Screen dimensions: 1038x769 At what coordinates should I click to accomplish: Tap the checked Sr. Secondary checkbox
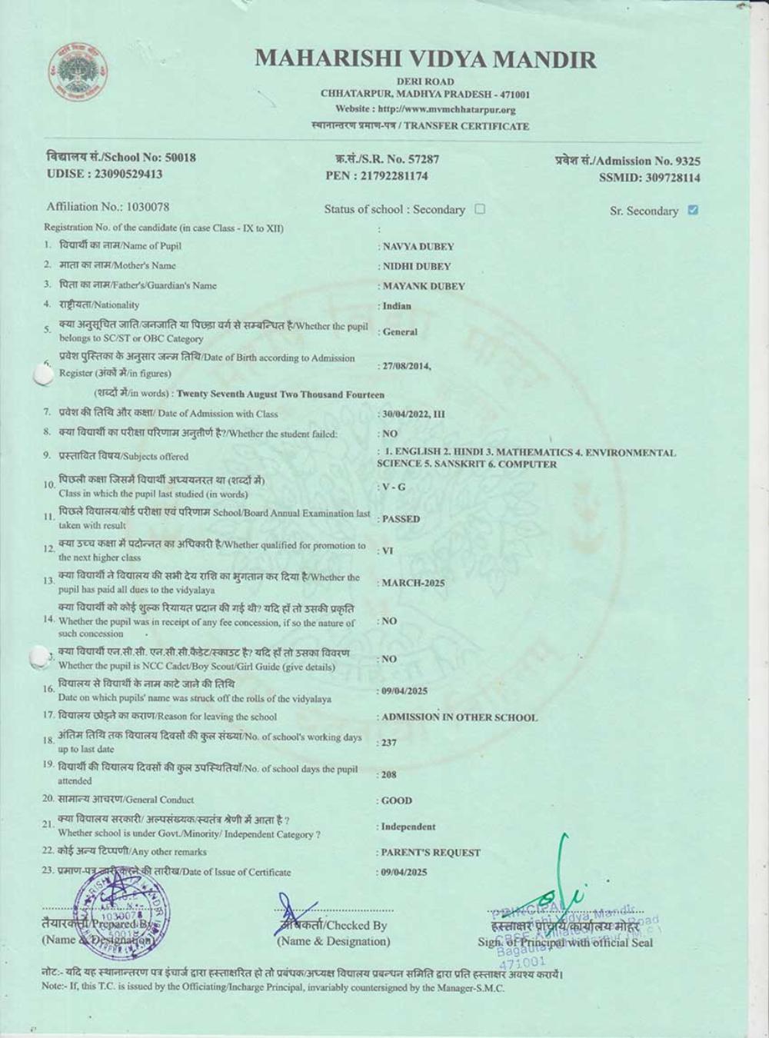pos(693,210)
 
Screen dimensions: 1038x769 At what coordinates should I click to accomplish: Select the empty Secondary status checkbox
pos(480,208)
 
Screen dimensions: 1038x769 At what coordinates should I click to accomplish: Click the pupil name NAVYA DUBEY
pos(418,247)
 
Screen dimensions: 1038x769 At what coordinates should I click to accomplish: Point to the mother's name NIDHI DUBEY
pos(417,266)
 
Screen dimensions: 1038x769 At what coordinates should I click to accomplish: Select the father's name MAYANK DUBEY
pos(424,286)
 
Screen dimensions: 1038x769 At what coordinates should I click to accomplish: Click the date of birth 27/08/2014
pos(406,366)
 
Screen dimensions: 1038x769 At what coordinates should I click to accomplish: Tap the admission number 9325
pos(687,161)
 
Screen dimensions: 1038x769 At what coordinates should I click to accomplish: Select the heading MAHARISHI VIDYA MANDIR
pos(425,59)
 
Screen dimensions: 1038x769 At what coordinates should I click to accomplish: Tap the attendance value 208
pos(389,775)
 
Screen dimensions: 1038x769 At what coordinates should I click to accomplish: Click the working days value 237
pos(389,743)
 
